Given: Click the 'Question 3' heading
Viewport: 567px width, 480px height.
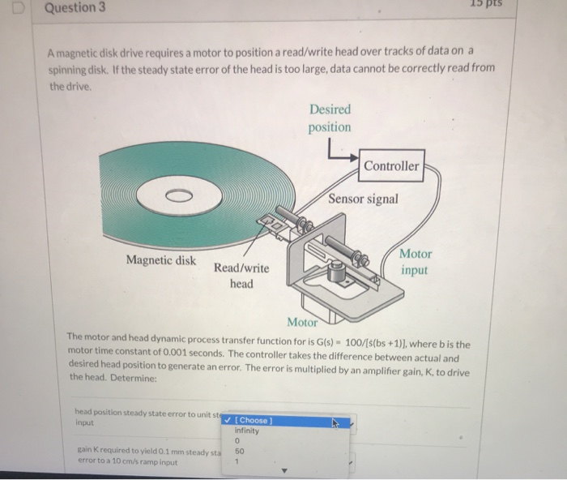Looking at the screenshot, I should [75, 9].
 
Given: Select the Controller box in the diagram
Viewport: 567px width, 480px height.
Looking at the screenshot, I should [391, 166].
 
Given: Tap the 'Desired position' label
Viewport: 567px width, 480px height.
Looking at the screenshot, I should [329, 118].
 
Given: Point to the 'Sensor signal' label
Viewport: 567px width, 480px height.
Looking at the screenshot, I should [363, 199].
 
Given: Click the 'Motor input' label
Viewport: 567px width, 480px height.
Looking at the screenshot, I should [415, 262].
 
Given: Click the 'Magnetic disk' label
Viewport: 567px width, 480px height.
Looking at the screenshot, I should [160, 260].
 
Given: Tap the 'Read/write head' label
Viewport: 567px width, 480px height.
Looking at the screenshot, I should [241, 276].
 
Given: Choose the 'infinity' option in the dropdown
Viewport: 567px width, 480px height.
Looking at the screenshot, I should [246, 431].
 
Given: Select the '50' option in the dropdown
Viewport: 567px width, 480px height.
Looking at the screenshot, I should [240, 451].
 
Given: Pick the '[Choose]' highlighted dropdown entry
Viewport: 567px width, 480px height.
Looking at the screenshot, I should [254, 419].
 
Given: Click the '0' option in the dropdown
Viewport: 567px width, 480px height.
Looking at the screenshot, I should [237, 441].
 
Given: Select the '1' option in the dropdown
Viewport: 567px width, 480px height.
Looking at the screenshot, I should [237, 461].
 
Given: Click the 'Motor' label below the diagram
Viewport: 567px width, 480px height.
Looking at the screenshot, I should [302, 322].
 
